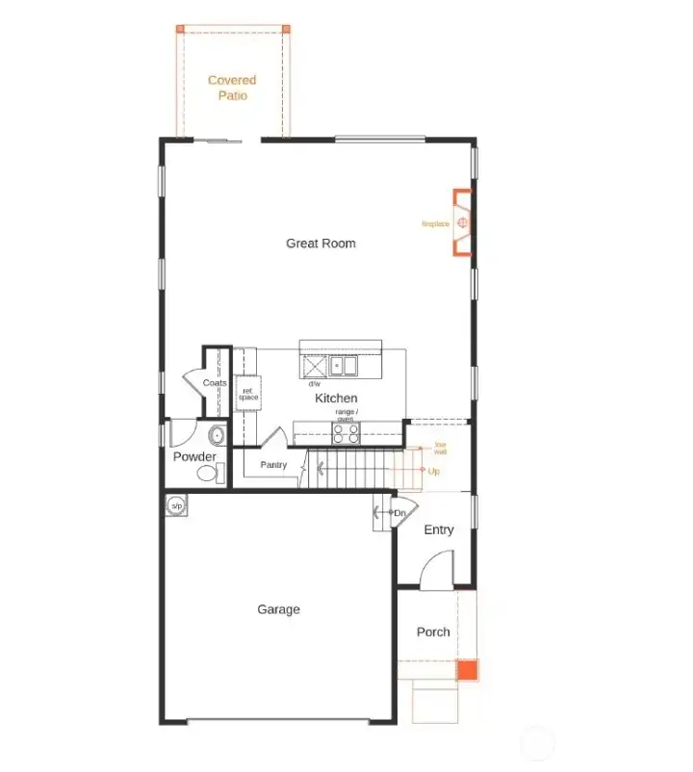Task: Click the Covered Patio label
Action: pyautogui.click(x=232, y=88)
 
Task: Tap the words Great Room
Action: pyautogui.click(x=321, y=244)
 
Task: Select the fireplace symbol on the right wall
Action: pyautogui.click(x=463, y=224)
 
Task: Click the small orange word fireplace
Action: pyautogui.click(x=435, y=224)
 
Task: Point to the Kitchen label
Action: pyautogui.click(x=336, y=398)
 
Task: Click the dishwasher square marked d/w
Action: pyautogui.click(x=314, y=367)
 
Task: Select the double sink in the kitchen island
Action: pyautogui.click(x=343, y=366)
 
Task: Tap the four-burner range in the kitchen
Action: pyautogui.click(x=346, y=433)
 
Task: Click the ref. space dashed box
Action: pyautogui.click(x=248, y=395)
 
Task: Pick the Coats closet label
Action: pyautogui.click(x=215, y=383)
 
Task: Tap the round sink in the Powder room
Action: pyautogui.click(x=217, y=435)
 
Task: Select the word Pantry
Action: pyautogui.click(x=273, y=465)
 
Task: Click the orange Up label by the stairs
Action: pyautogui.click(x=433, y=472)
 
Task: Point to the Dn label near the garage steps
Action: pyautogui.click(x=399, y=513)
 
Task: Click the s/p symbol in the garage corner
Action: pyautogui.click(x=176, y=505)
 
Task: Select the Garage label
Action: pyautogui.click(x=278, y=609)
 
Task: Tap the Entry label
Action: pyautogui.click(x=439, y=530)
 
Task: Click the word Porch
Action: pyautogui.click(x=433, y=632)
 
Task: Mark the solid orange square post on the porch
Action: pyautogui.click(x=467, y=670)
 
